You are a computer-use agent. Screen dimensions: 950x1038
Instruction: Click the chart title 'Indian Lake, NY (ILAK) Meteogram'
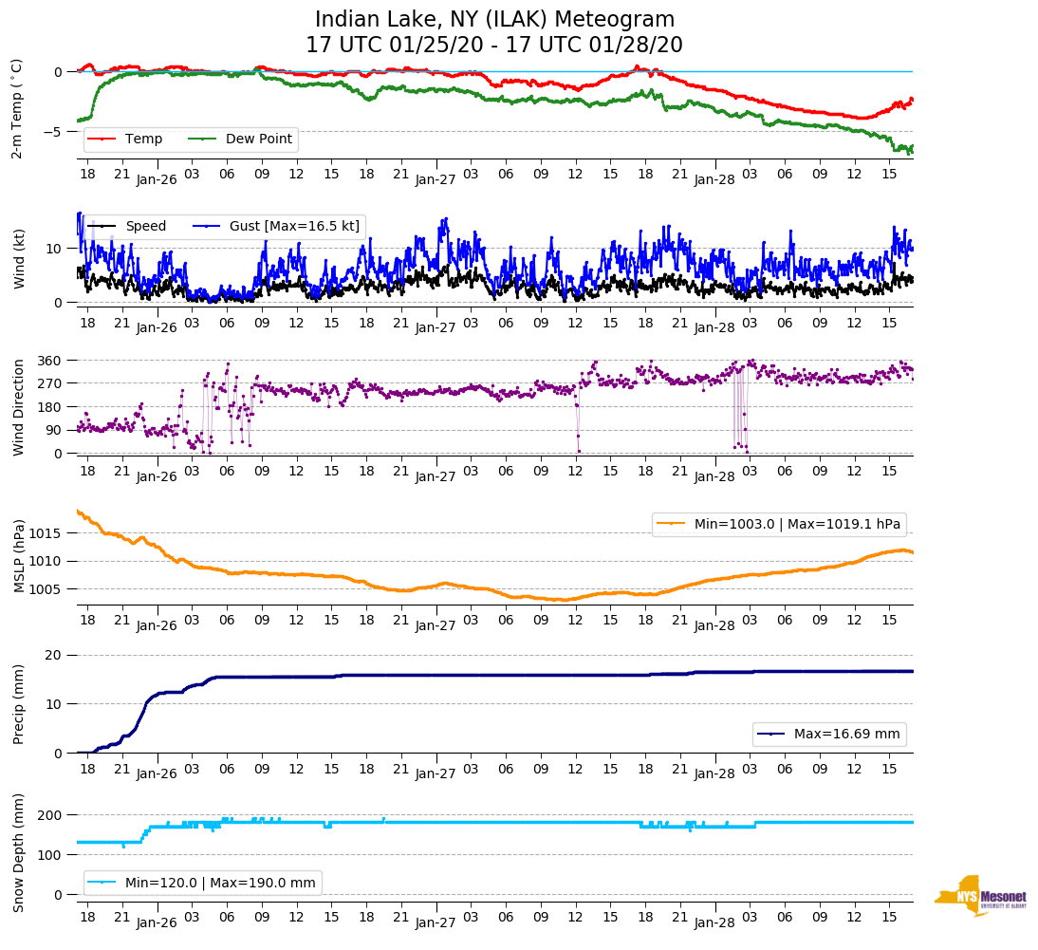click(494, 20)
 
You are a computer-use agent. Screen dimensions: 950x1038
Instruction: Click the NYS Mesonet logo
click(980, 895)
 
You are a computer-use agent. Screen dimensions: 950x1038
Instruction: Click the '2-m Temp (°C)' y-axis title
click(17, 108)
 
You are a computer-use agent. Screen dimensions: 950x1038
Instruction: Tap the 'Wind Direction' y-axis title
click(19, 407)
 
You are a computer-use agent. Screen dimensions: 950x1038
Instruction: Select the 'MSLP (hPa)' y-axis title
click(19, 556)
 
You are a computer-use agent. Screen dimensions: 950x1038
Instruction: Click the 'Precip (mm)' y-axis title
click(19, 704)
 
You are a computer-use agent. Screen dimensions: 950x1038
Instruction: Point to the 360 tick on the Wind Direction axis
click(50, 361)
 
